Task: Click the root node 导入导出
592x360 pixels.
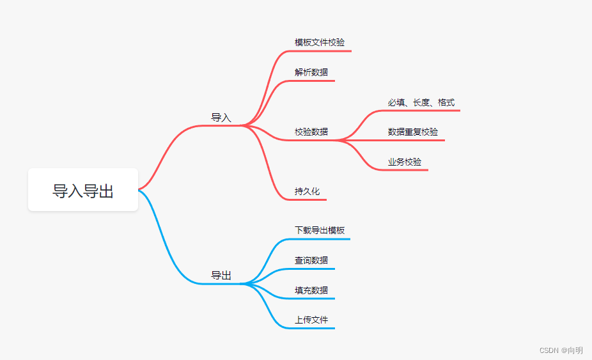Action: pos(83,190)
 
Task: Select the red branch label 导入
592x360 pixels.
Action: pos(221,118)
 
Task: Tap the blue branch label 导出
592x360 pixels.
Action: pos(221,276)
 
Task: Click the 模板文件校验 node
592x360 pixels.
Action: pos(320,42)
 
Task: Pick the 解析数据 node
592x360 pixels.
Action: pos(311,72)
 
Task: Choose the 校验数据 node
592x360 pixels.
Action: pos(311,132)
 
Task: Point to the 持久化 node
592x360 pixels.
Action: pos(307,191)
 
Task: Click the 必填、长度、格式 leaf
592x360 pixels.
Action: pos(421,102)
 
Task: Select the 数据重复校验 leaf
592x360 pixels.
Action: pos(413,132)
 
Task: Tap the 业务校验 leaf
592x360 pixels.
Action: pos(405,162)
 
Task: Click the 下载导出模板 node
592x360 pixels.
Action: pos(320,230)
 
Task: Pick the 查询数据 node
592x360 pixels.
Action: pos(311,260)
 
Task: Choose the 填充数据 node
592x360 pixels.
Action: pos(311,290)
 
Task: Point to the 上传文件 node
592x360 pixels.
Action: pos(311,320)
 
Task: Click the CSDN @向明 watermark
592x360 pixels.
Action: pos(561,350)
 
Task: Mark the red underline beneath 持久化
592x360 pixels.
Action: pos(310,200)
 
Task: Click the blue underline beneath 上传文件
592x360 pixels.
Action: pos(313,329)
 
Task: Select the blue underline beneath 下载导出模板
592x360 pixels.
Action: pos(320,239)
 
